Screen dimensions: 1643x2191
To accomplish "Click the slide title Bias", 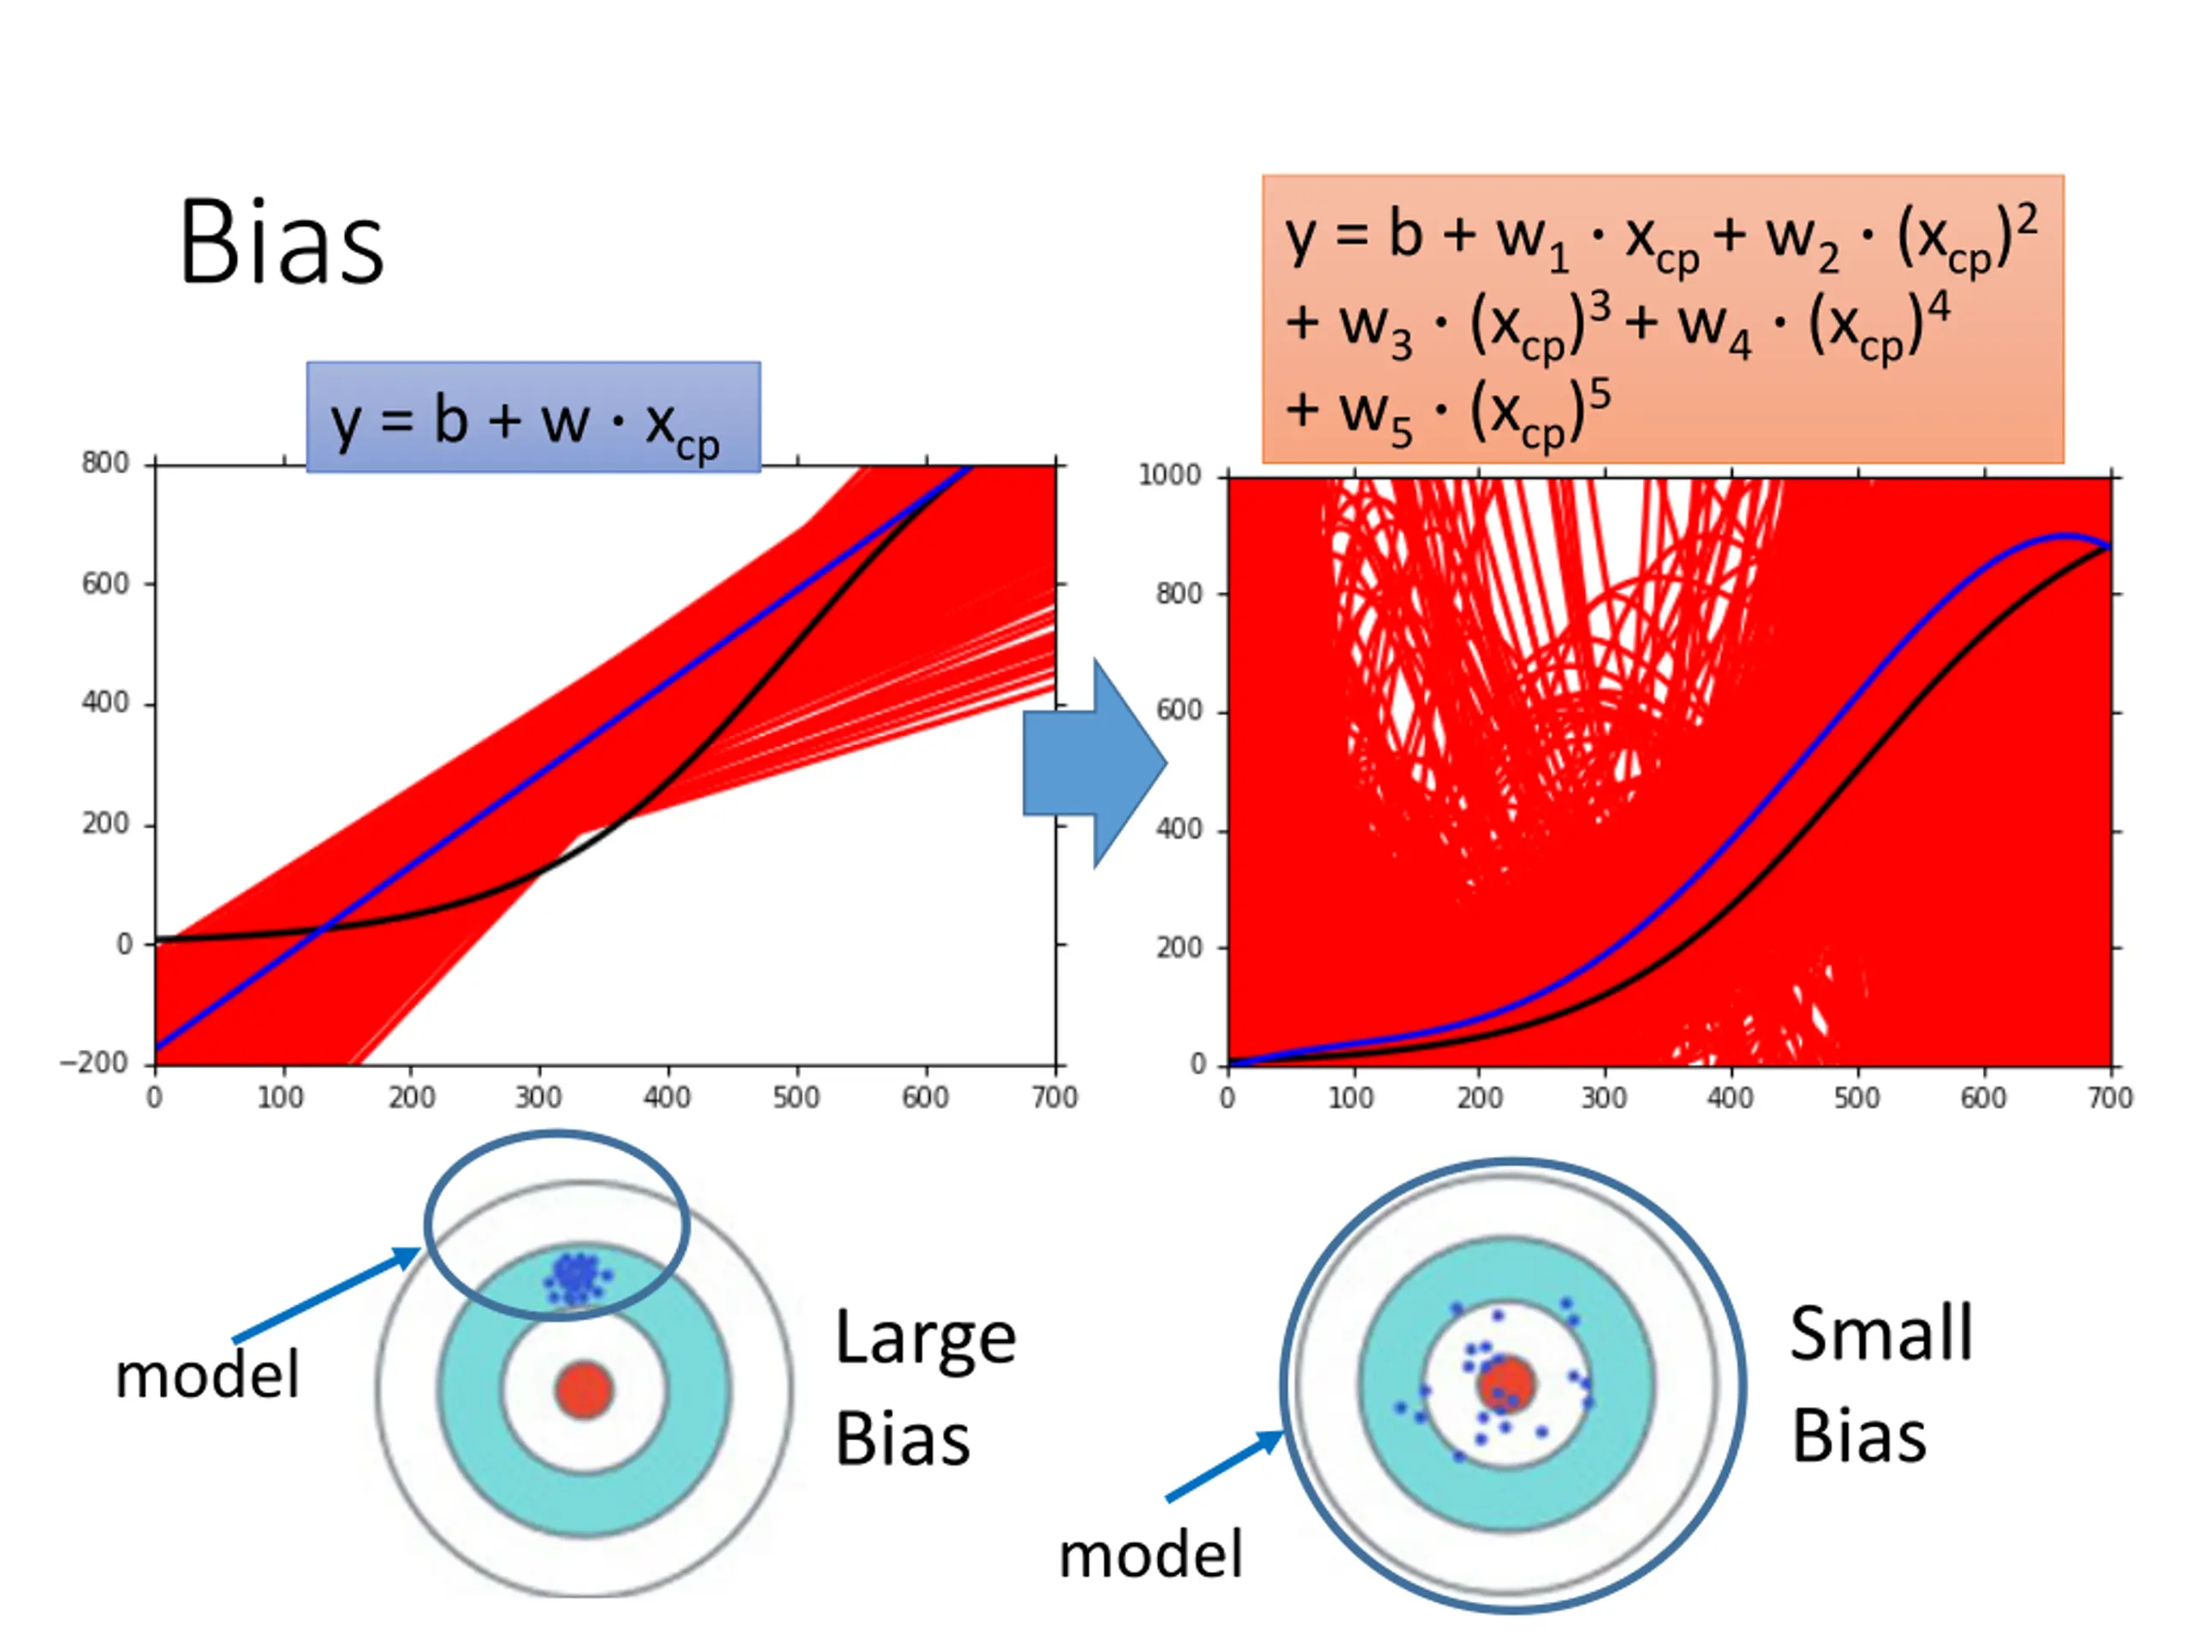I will pos(281,243).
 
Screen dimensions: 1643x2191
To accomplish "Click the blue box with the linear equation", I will pos(533,417).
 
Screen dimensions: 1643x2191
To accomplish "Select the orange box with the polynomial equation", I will pos(1662,319).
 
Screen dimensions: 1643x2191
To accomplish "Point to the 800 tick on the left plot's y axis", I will pos(105,464).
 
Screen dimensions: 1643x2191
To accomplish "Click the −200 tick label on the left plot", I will pos(95,1063).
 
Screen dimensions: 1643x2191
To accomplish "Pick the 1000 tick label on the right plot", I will pos(1169,476).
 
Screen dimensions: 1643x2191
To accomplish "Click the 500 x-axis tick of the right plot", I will pos(1856,1098).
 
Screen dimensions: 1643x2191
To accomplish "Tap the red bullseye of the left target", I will pos(585,1390).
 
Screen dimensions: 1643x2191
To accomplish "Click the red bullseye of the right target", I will pos(1506,1385).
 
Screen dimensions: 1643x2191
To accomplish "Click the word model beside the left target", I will pos(207,1376).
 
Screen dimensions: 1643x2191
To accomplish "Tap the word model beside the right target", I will pos(1150,1555).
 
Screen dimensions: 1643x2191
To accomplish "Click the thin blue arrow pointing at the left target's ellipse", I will pos(327,1295).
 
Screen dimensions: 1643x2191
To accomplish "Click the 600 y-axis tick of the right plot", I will pos(1179,711).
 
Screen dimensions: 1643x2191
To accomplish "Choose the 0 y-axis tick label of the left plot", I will pos(124,944).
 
